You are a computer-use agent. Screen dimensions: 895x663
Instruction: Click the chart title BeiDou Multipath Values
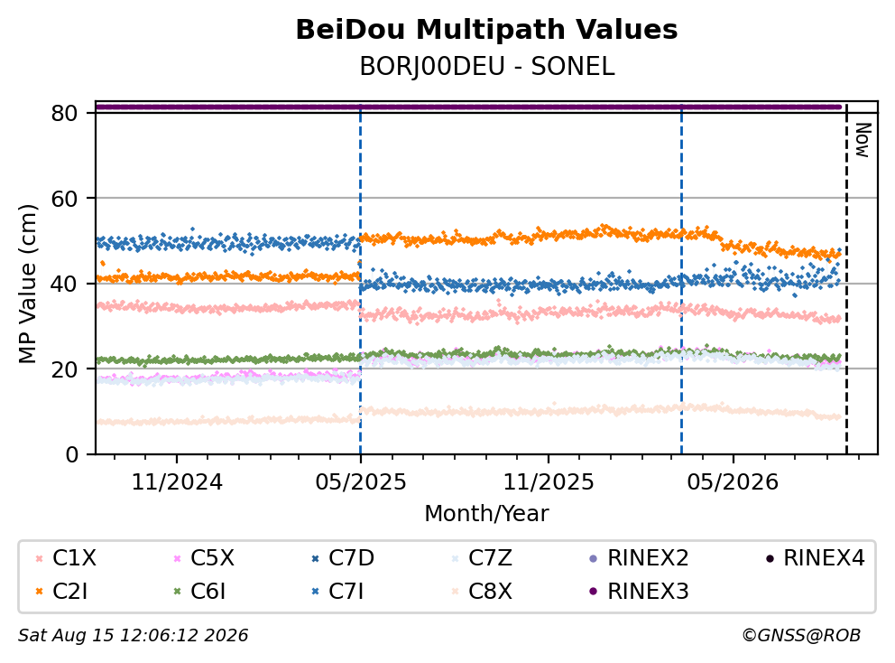point(486,30)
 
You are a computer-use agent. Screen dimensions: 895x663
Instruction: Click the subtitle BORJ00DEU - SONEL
point(487,67)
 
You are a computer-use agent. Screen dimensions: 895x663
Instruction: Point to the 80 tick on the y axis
point(64,113)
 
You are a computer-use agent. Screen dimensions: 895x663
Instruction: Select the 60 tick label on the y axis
point(64,199)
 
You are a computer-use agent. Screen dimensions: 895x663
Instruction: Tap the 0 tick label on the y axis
point(72,454)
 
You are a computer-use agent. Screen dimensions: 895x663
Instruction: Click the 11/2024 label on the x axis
point(177,481)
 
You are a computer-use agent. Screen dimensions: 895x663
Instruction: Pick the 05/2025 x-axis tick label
point(361,481)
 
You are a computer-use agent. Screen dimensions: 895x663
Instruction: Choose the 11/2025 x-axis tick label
point(549,481)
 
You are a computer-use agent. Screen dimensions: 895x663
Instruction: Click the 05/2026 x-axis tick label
point(733,481)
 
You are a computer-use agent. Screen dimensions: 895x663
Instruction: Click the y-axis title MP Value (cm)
point(27,284)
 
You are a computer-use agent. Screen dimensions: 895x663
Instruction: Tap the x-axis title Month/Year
point(486,513)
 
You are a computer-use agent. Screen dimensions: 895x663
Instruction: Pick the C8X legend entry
point(481,591)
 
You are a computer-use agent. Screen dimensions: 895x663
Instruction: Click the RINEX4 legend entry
point(815,558)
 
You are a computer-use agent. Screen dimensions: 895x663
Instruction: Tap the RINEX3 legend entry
point(639,591)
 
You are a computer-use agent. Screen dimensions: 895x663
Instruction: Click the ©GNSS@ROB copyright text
point(801,635)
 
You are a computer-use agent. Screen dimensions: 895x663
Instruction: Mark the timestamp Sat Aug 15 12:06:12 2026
point(133,635)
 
